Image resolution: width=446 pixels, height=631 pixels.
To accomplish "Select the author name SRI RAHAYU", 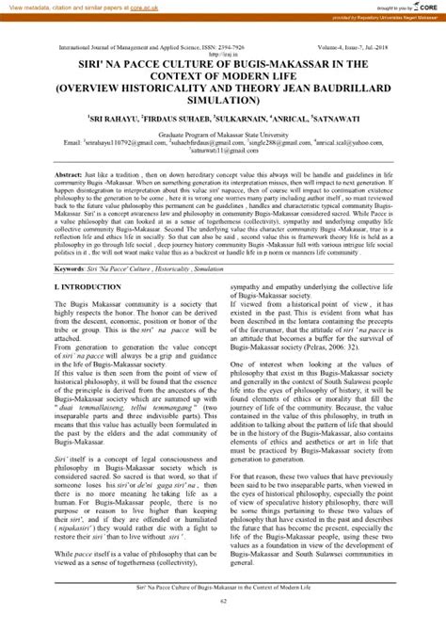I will (135, 120).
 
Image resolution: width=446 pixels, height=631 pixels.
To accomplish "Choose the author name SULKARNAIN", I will (256, 120).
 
